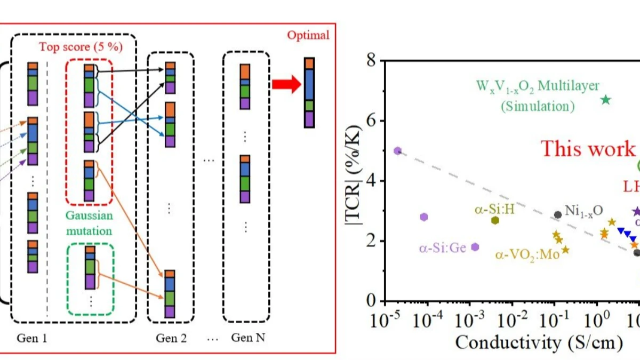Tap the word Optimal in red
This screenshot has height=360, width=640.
(x=308, y=36)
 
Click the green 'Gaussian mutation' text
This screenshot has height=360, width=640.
(x=89, y=224)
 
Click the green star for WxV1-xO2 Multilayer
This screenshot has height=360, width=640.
(x=605, y=99)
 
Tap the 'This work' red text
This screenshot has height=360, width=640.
(x=588, y=148)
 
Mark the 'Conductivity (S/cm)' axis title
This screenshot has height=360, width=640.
(x=539, y=342)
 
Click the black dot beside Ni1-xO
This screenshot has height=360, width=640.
(x=558, y=214)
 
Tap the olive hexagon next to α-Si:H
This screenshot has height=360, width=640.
(x=495, y=220)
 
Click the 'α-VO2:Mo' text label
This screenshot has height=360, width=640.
(x=527, y=255)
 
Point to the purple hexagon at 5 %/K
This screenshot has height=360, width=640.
(x=397, y=151)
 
